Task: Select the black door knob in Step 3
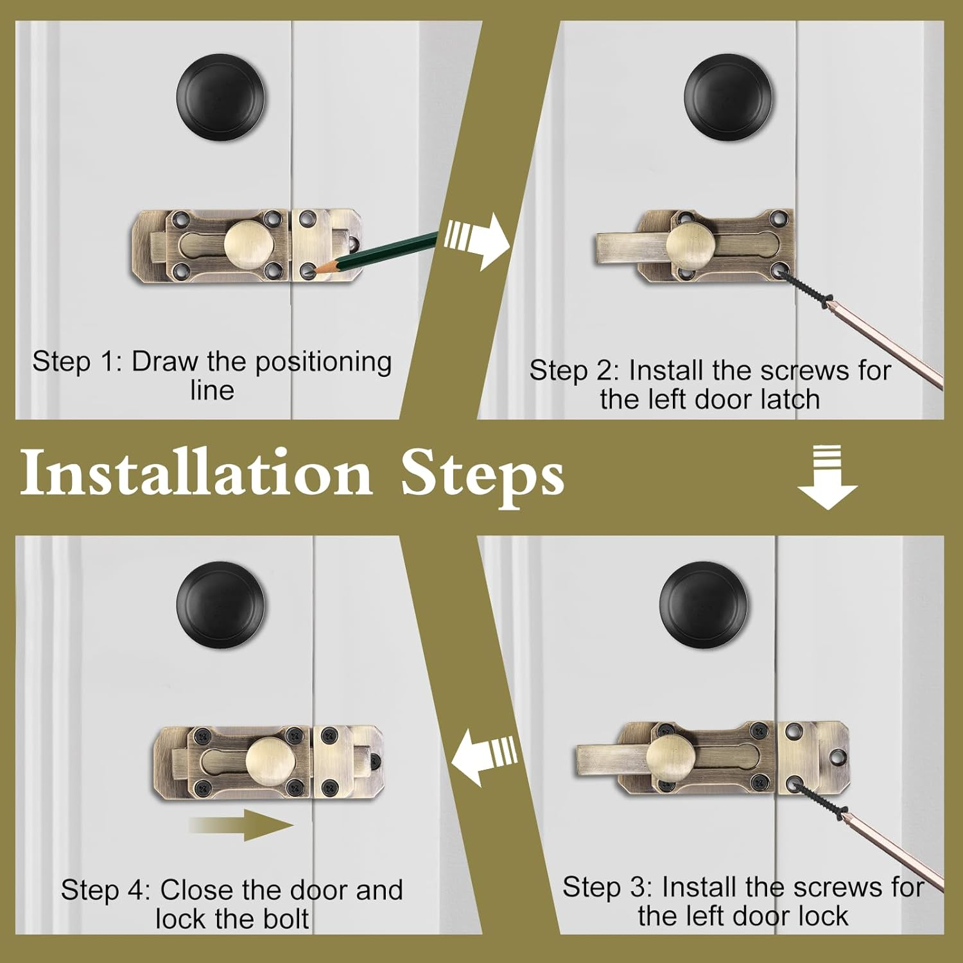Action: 704,605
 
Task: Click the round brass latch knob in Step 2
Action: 688,245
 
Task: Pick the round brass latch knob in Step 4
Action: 268,760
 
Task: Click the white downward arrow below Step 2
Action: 828,478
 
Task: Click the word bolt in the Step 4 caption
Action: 287,919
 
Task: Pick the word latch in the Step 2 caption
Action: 790,399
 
